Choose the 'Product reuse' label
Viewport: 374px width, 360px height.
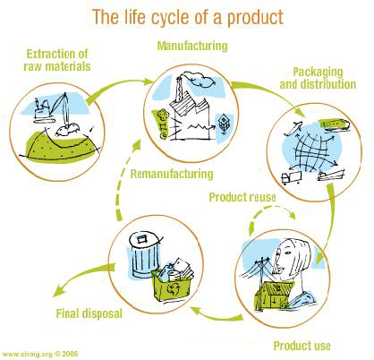tap(241, 195)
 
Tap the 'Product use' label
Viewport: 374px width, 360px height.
tap(302, 345)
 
